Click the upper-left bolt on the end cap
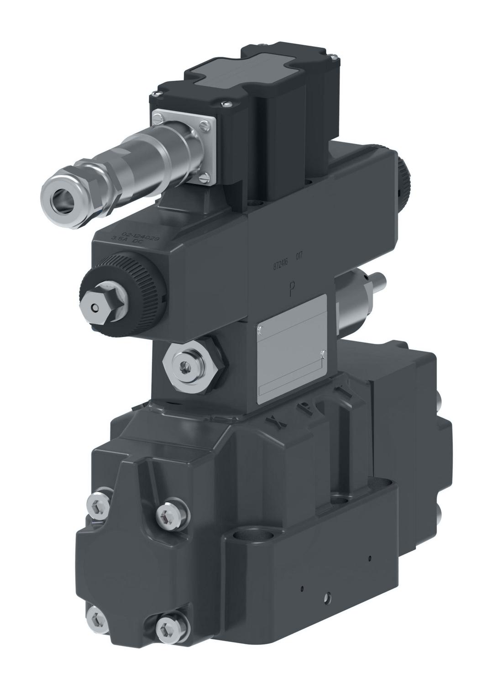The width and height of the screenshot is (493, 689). click(99, 504)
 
